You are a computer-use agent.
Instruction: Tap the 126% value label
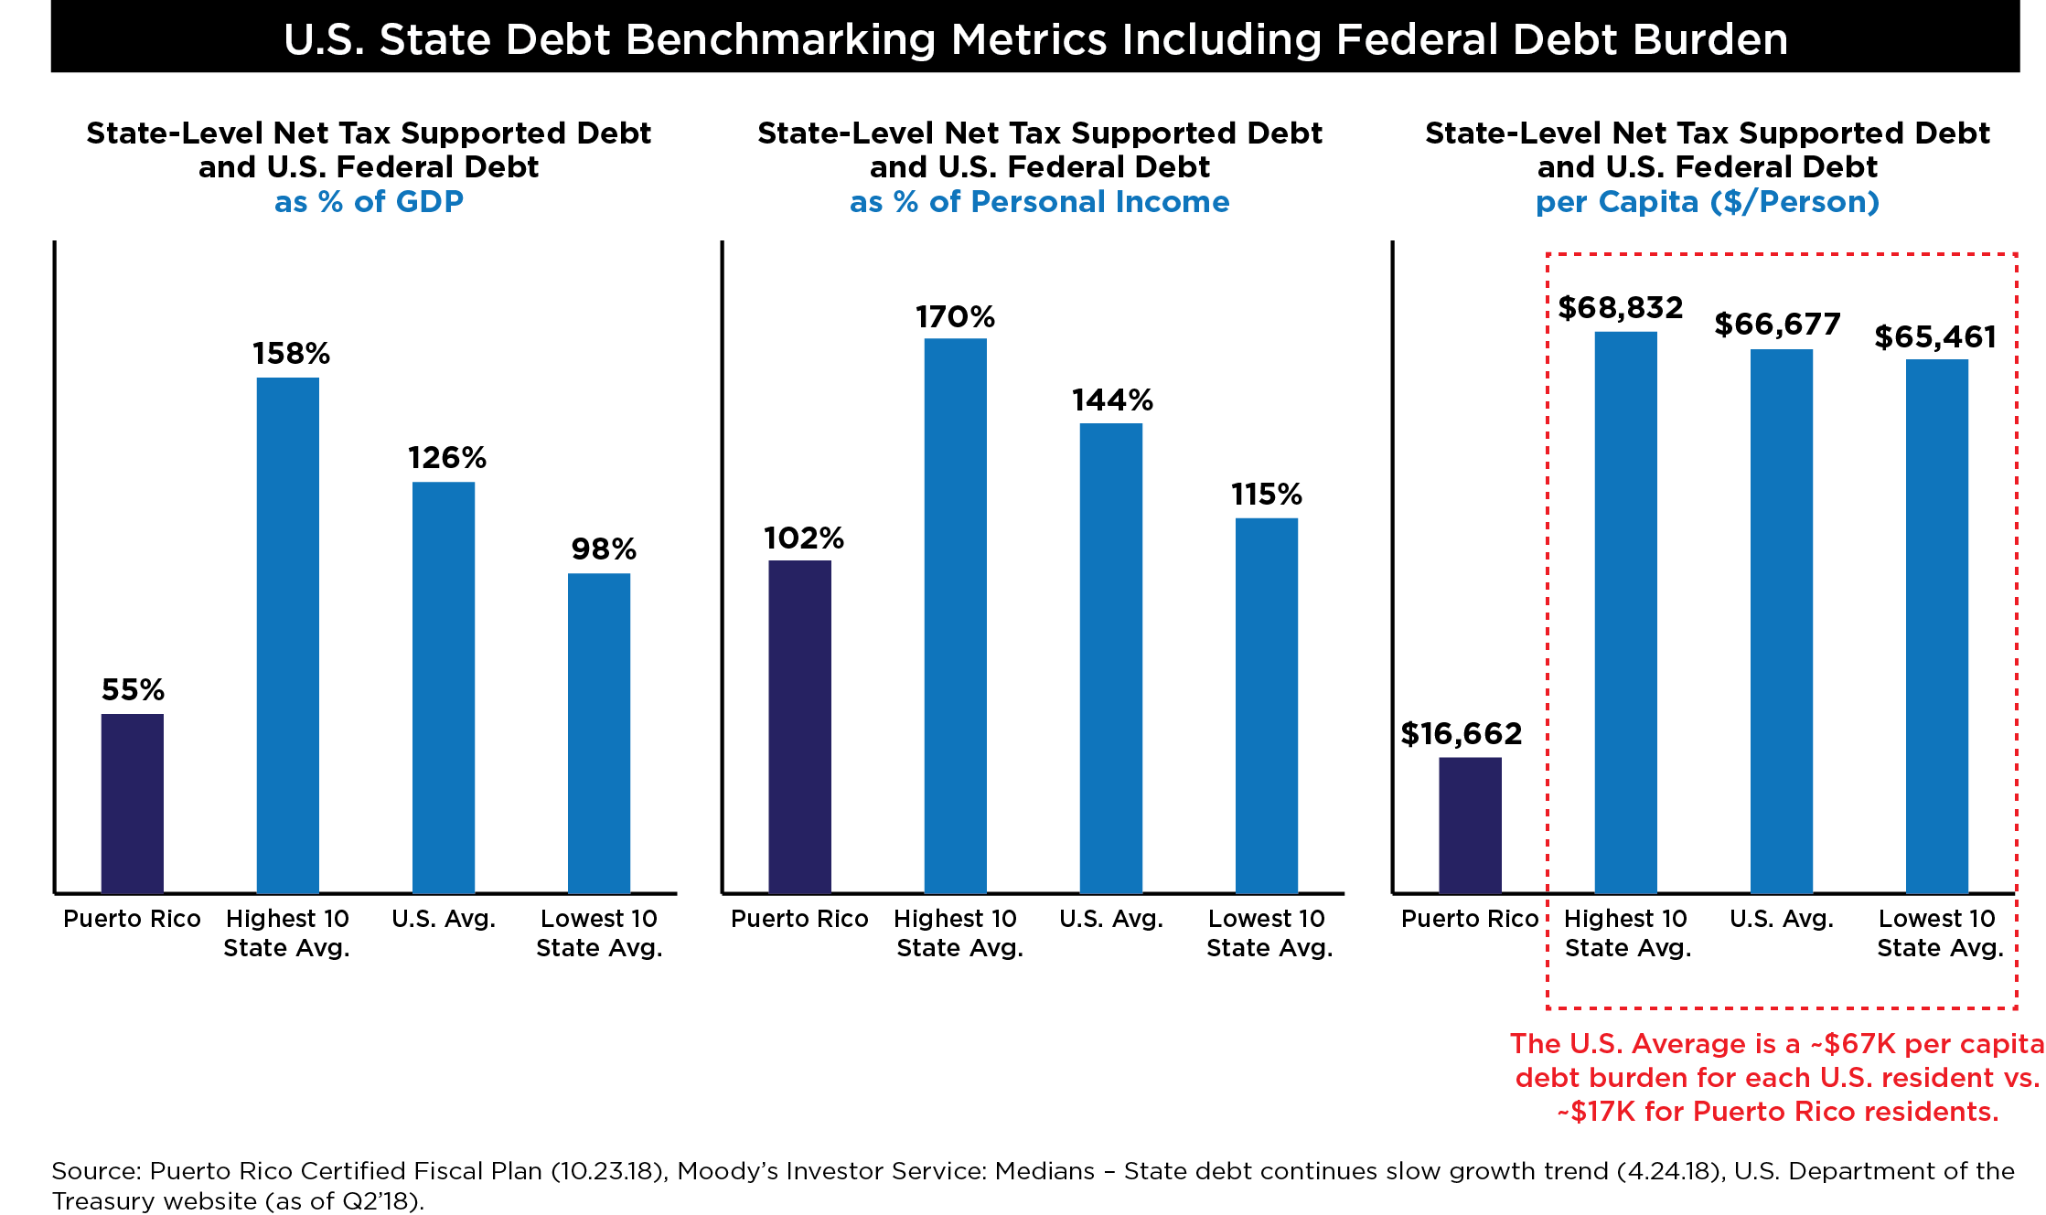tap(446, 457)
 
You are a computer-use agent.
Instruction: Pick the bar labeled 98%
tap(599, 732)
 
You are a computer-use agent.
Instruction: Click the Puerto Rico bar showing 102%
tap(800, 726)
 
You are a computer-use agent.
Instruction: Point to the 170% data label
tap(955, 317)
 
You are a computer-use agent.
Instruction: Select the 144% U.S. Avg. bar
tap(1111, 657)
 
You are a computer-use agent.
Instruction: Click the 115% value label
tap(1266, 495)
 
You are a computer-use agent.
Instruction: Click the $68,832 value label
tap(1621, 308)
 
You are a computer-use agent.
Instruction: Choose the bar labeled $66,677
tap(1782, 621)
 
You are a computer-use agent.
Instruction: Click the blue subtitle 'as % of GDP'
tap(369, 201)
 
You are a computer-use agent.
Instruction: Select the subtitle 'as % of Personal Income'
tap(1039, 201)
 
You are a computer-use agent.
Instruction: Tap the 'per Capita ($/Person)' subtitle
tap(1707, 201)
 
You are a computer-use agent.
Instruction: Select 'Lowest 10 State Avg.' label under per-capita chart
tap(1939, 933)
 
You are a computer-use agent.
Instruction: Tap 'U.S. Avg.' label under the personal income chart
tap(1111, 919)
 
